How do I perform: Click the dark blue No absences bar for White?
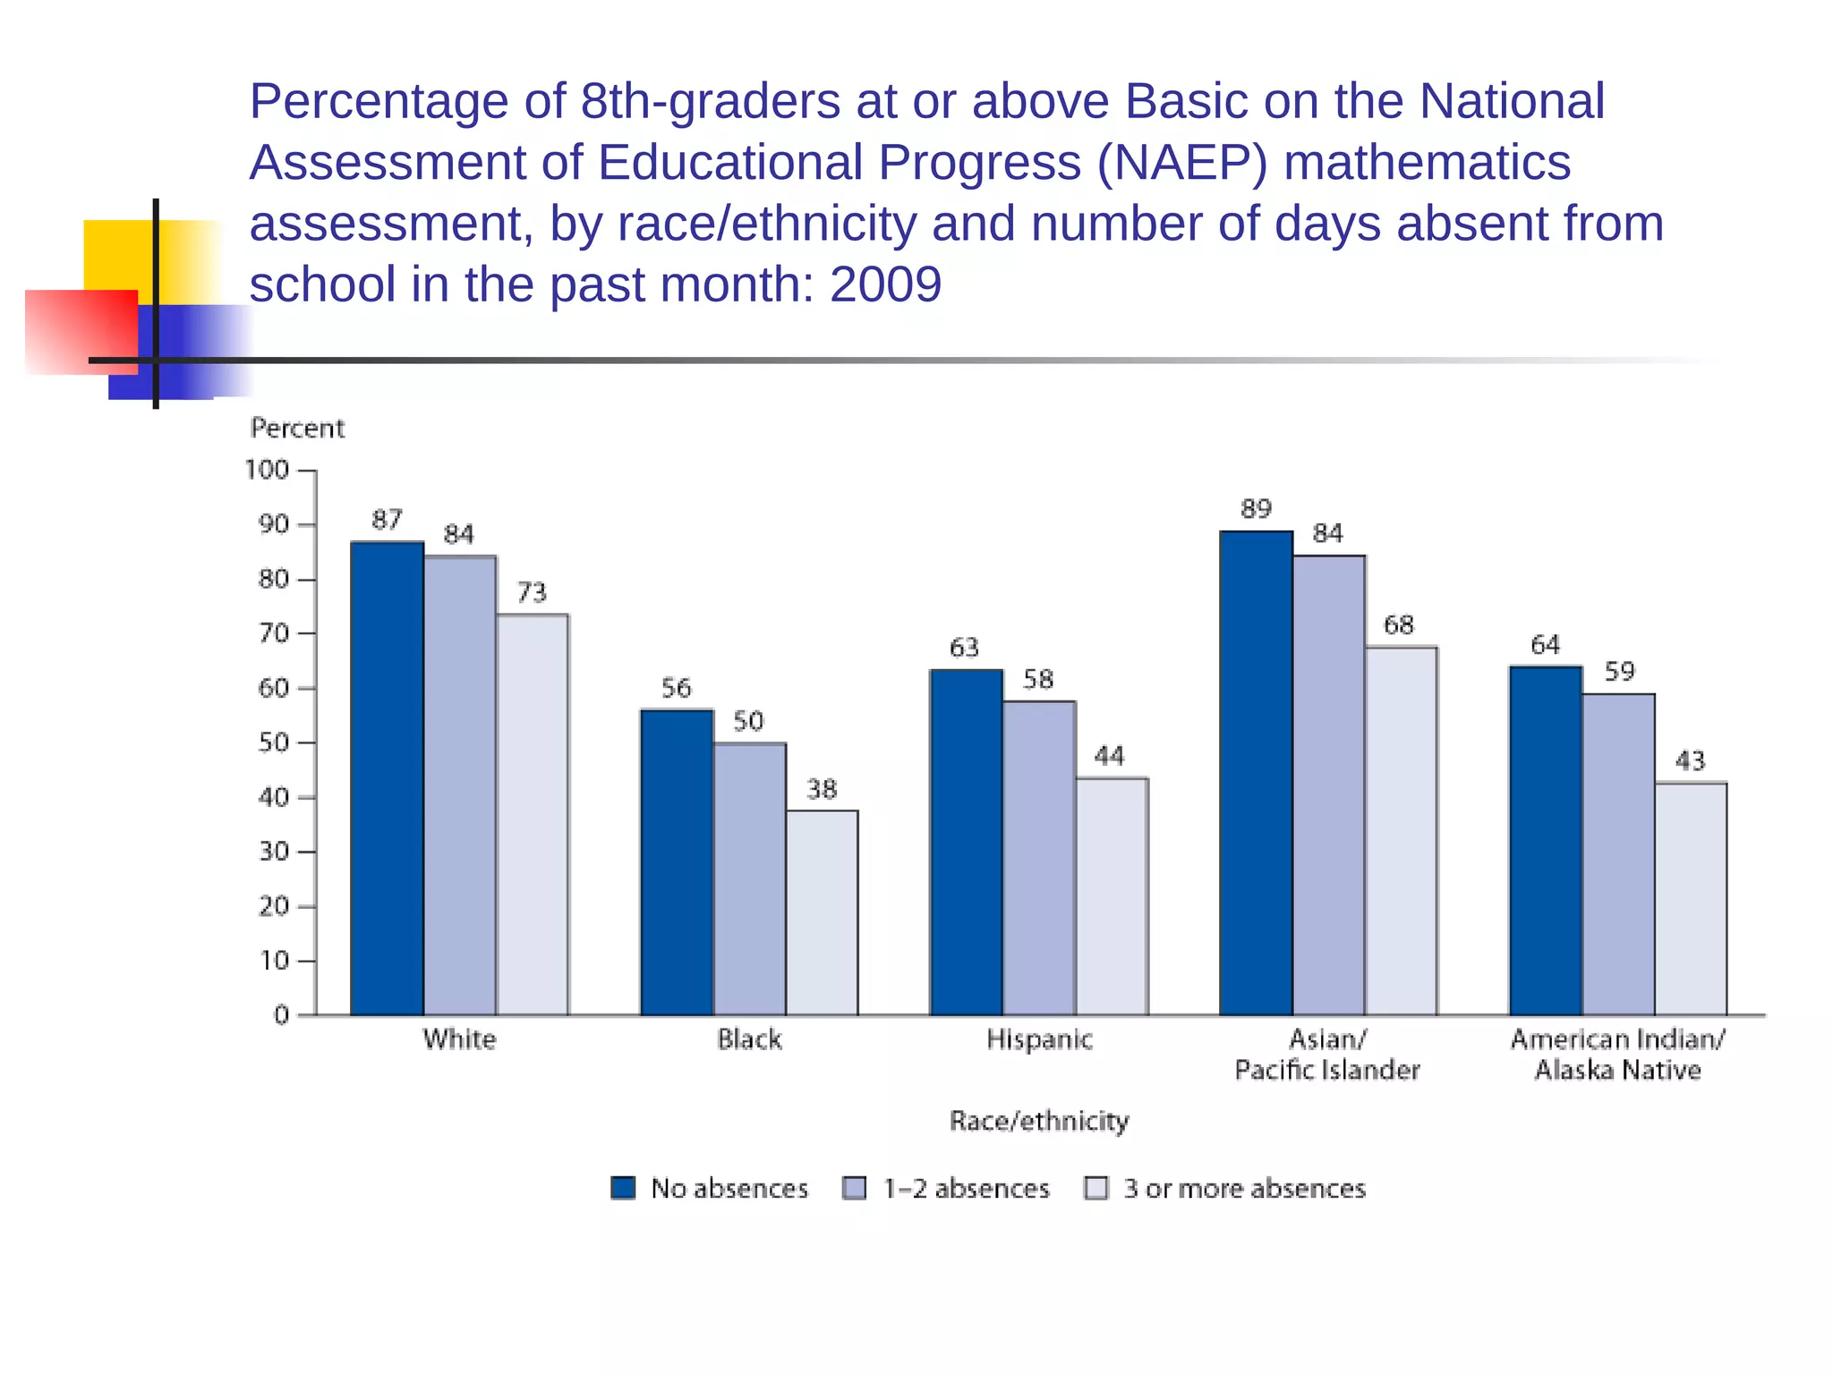tap(387, 778)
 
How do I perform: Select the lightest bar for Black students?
tap(822, 912)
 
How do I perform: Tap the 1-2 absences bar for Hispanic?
tap(1039, 859)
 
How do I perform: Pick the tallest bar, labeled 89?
tap(1256, 774)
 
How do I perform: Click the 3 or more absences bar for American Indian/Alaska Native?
tap(1691, 899)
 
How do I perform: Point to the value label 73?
tap(532, 592)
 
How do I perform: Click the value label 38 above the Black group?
tap(822, 789)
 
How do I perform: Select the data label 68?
tap(1399, 624)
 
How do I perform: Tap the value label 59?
tap(1619, 671)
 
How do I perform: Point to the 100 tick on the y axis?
tap(268, 470)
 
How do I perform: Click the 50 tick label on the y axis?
tap(273, 742)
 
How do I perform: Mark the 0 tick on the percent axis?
tap(281, 1015)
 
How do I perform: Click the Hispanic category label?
tap(1039, 1039)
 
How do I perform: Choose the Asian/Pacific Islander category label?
tap(1327, 1055)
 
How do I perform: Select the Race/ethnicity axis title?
tap(1039, 1121)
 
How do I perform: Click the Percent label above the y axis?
tap(297, 428)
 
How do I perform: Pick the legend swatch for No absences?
tap(623, 1188)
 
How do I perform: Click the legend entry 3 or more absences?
tap(1244, 1188)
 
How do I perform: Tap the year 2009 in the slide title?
tap(885, 284)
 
